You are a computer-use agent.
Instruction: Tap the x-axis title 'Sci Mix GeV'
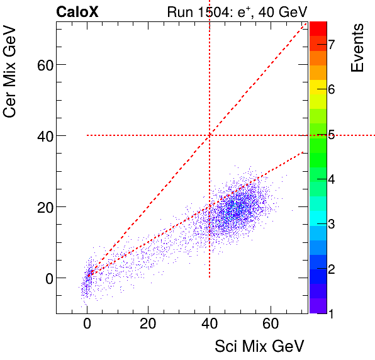tap(260, 346)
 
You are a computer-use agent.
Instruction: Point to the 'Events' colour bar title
tap(358, 48)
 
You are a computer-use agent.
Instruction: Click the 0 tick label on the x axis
tap(87, 325)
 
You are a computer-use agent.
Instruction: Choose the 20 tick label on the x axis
tap(148, 325)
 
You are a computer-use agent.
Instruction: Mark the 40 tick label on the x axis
tap(210, 325)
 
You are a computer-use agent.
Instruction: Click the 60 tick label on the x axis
tap(271, 325)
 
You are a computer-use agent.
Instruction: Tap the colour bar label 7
tap(330, 44)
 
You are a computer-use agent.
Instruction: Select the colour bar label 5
tap(330, 135)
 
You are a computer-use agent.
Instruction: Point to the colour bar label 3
tap(330, 225)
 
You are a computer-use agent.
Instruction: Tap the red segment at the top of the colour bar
tap(318, 28)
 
